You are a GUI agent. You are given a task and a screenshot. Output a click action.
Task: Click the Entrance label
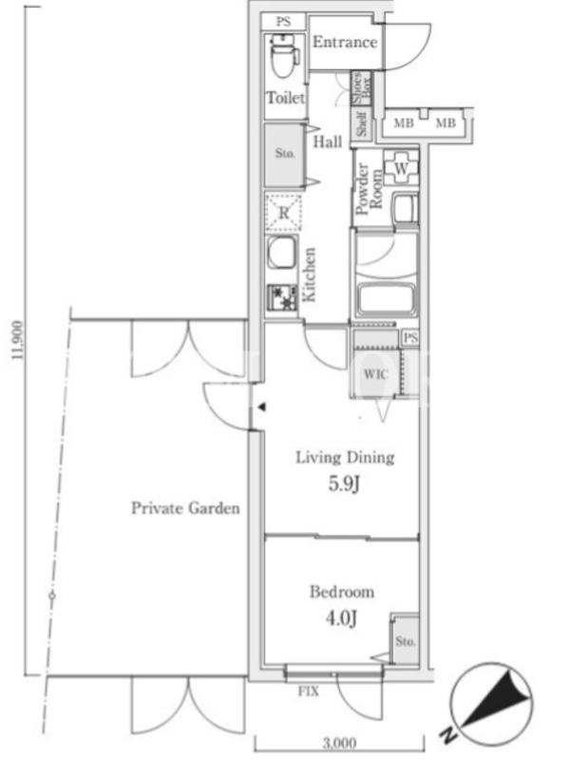[345, 42]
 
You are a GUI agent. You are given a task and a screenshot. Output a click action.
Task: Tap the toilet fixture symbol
[282, 56]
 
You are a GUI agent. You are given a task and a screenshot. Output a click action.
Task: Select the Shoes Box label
[362, 87]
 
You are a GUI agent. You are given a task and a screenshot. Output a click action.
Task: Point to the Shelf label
[362, 124]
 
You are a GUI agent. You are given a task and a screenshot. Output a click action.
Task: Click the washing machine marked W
[401, 169]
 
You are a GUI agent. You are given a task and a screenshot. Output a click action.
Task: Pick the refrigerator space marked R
[283, 213]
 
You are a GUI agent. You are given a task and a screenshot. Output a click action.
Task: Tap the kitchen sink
[282, 253]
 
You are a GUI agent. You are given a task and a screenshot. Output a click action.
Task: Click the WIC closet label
[376, 374]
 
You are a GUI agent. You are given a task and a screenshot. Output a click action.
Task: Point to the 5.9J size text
[344, 484]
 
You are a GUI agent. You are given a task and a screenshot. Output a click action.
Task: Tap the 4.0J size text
[342, 618]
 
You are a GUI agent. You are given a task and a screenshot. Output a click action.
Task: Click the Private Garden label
[185, 508]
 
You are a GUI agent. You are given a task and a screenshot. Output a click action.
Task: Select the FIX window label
[309, 692]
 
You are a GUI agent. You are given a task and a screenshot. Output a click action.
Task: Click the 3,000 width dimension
[340, 742]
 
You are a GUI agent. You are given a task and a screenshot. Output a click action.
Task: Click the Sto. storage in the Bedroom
[406, 640]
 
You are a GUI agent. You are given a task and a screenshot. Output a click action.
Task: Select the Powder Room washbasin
[406, 208]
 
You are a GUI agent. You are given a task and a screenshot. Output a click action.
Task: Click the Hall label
[328, 142]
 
